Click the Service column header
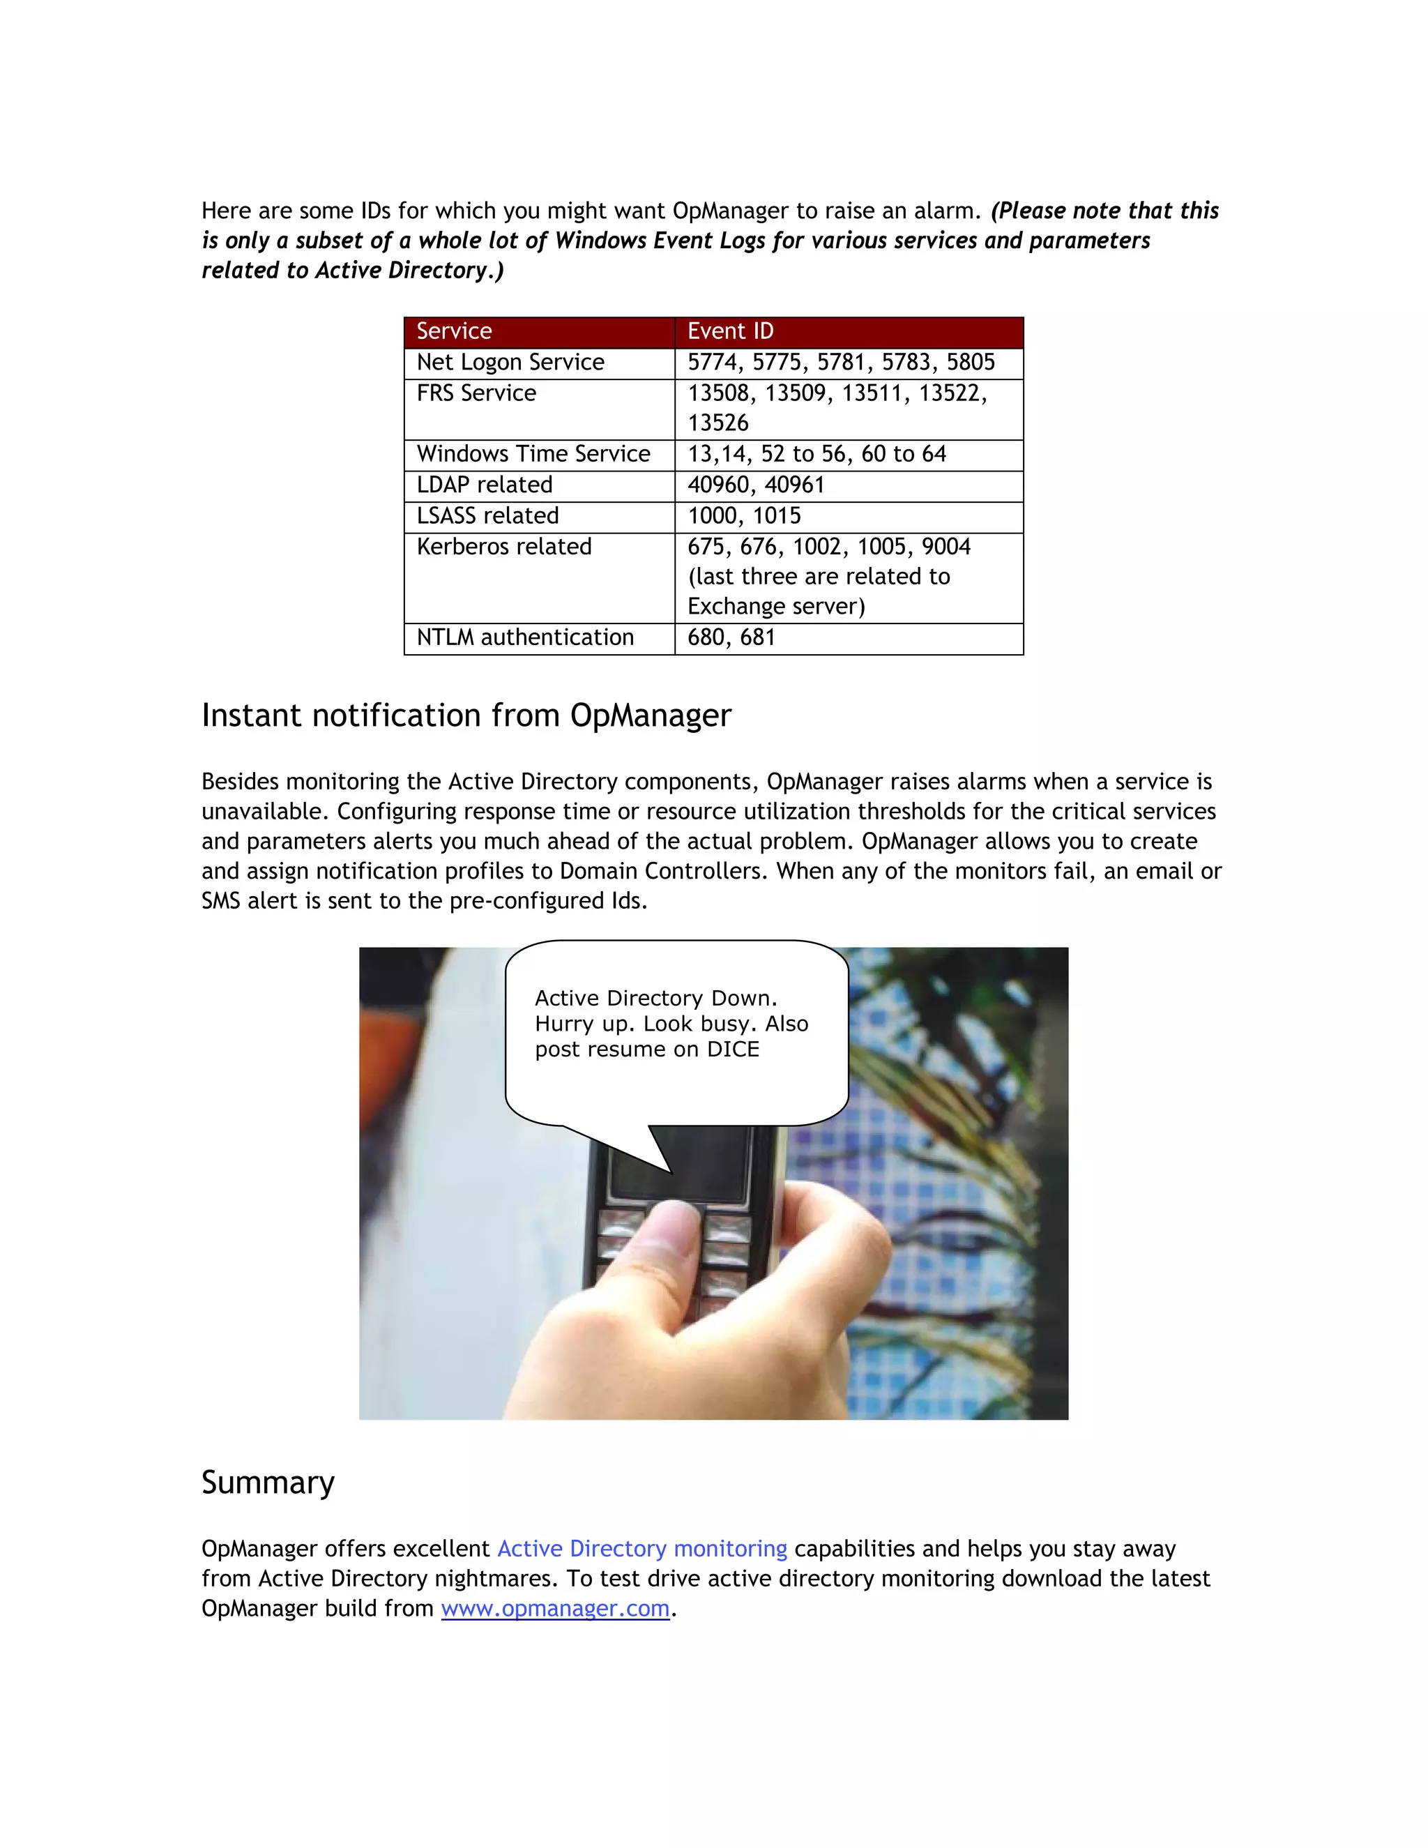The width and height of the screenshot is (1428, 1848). click(x=455, y=331)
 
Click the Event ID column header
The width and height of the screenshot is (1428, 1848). click(x=730, y=331)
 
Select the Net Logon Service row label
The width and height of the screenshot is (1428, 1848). click(x=510, y=362)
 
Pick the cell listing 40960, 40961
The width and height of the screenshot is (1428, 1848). click(x=755, y=485)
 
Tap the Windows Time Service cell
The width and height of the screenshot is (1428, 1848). click(x=533, y=455)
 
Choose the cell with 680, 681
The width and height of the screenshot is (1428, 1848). click(x=731, y=637)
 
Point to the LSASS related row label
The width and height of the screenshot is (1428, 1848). click(x=487, y=515)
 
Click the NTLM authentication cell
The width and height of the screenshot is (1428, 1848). click(x=524, y=637)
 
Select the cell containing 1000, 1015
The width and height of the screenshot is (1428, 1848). click(x=743, y=515)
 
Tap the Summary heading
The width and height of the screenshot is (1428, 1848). click(x=267, y=1483)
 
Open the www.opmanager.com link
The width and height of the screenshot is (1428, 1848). click(x=555, y=1609)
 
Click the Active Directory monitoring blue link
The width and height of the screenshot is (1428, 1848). click(x=641, y=1548)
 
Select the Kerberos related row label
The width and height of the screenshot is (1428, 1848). click(x=503, y=547)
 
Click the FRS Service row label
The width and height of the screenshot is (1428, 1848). click(x=476, y=393)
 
